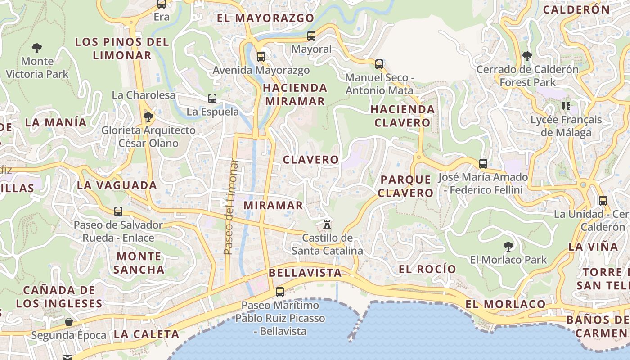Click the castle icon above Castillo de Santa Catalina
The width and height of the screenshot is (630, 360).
click(328, 224)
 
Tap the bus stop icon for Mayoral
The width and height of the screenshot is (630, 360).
click(311, 36)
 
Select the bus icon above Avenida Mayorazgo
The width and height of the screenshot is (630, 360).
click(261, 57)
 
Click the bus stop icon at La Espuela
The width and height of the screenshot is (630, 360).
click(212, 99)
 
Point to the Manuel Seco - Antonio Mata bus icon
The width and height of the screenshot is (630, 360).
click(379, 64)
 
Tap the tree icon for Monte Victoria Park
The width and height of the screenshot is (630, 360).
click(37, 48)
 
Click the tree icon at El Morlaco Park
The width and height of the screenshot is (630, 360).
click(508, 246)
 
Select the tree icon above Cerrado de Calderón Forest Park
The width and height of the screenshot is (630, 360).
click(527, 56)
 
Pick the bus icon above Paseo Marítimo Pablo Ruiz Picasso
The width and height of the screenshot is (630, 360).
click(280, 292)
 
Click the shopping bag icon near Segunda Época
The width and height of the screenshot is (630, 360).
click(69, 322)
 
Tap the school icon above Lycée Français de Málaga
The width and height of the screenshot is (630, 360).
click(566, 106)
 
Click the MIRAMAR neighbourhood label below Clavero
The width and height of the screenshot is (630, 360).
click(274, 205)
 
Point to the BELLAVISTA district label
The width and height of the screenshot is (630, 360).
click(305, 273)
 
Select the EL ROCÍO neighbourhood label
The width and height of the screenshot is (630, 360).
click(427, 269)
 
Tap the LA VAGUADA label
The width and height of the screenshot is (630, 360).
click(117, 185)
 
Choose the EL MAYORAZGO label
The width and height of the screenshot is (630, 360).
click(265, 18)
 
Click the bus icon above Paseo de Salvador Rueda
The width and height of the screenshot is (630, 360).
click(118, 211)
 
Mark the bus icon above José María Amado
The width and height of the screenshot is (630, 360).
click(483, 163)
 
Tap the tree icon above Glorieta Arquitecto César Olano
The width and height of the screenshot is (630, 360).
click(148, 117)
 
